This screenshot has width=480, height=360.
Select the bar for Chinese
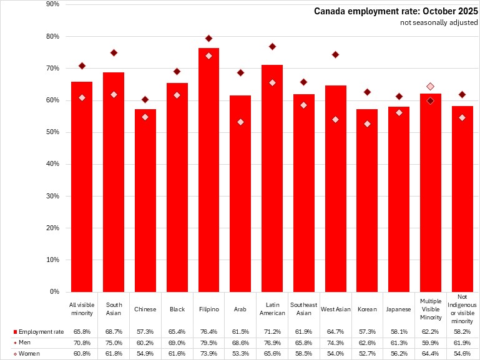pyautogui.click(x=145, y=200)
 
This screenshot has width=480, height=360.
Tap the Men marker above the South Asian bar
pyautogui.click(x=114, y=52)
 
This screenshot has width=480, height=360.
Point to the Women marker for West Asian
pyautogui.click(x=335, y=119)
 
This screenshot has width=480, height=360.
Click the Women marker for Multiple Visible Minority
pyautogui.click(x=430, y=86)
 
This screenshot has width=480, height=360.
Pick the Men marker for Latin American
pyautogui.click(x=272, y=47)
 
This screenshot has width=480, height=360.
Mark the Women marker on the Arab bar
pyautogui.click(x=240, y=122)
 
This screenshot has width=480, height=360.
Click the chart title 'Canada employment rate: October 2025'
pyautogui.click(x=396, y=11)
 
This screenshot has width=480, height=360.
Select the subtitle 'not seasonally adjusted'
pyautogui.click(x=439, y=23)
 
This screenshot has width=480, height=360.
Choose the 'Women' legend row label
pyautogui.click(x=29, y=353)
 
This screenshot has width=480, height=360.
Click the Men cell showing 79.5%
pyautogui.click(x=208, y=342)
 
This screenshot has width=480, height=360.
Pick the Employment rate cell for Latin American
pyautogui.click(x=272, y=331)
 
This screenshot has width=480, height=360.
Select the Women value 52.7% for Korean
pyautogui.click(x=367, y=353)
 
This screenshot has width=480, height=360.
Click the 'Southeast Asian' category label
pyautogui.click(x=304, y=309)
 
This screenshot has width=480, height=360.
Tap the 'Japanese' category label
pyautogui.click(x=399, y=309)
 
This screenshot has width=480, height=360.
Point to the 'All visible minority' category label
pyautogui.click(x=82, y=309)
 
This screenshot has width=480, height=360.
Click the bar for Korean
pyautogui.click(x=367, y=200)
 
